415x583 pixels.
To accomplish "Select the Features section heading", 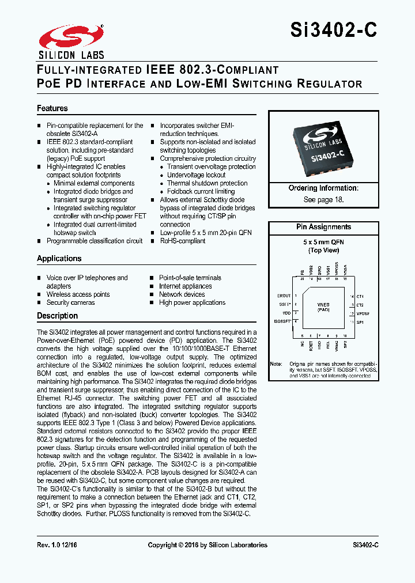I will coord(52,108).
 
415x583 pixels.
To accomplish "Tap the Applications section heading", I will coord(59,259).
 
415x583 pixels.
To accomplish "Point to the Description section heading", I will coord(58,316).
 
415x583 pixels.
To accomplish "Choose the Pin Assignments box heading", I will coord(323,227).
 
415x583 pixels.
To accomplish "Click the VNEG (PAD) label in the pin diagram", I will coord(323,308).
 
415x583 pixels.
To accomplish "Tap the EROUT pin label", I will coord(284,296).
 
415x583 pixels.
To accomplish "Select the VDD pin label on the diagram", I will coord(286,313).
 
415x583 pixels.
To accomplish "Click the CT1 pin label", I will coord(360,296).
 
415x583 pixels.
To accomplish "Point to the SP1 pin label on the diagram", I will coord(360,321).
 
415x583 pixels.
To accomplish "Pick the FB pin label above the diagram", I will coord(301,271).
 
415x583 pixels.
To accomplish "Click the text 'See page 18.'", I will coord(323,199).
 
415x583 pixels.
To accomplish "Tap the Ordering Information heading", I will coord(323,188).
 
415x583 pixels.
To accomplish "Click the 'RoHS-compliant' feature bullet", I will coord(183,241).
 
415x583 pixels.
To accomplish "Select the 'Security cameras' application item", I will coord(70,302).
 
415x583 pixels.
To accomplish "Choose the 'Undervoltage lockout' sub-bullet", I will coord(197,175).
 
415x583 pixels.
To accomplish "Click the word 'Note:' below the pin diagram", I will coord(276,364).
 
